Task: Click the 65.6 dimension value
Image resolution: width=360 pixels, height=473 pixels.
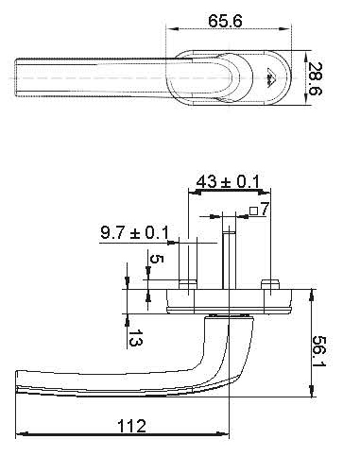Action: coord(225,21)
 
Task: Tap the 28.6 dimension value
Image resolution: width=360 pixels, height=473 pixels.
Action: coord(314,79)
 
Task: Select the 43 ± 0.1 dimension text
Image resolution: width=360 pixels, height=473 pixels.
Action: coord(228,182)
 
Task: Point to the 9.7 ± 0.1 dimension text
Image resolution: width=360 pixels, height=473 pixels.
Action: coord(134,232)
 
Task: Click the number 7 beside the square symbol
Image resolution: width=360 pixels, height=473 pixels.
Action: coord(265,209)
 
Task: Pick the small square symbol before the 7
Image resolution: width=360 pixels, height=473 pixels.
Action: coord(253,211)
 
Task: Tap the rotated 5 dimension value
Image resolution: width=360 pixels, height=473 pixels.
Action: coord(157,259)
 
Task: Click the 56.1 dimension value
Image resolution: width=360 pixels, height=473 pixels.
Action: coord(319,351)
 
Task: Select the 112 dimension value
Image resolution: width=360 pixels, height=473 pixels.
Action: coord(131,426)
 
